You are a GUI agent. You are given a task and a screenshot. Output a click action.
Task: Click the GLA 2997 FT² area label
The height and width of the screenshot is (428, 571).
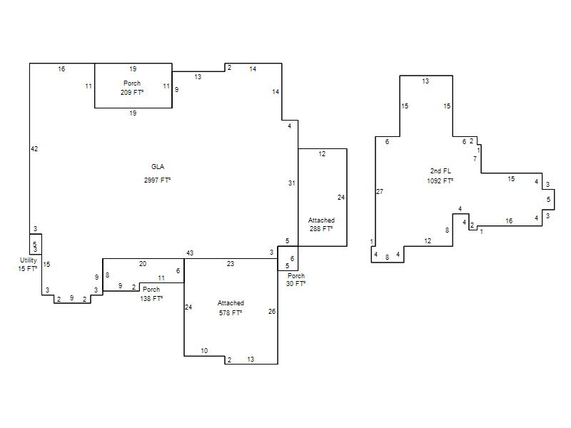tap(157, 173)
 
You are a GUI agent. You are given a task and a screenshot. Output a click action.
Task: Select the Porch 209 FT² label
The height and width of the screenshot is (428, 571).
tap(132, 88)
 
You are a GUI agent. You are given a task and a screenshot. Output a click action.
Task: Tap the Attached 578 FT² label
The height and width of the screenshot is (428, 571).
tap(231, 308)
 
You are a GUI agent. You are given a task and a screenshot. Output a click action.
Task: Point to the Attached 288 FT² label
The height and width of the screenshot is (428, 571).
tap(321, 225)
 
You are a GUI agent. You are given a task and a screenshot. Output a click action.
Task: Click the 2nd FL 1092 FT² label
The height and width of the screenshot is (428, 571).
tap(440, 175)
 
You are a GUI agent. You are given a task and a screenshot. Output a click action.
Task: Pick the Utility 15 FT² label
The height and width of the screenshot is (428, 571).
tap(28, 265)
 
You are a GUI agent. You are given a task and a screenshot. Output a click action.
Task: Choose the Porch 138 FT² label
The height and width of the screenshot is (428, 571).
tap(151, 294)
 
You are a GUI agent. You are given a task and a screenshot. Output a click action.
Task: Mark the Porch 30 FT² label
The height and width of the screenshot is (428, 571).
tap(295, 280)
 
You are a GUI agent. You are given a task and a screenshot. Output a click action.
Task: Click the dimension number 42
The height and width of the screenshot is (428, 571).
tap(34, 149)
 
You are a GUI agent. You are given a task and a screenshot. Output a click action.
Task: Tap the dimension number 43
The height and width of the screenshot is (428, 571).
tap(190, 253)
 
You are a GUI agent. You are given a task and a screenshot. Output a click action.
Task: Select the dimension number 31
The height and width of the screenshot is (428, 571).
tap(292, 183)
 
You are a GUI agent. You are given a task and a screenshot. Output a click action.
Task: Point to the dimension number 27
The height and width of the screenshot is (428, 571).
tap(380, 191)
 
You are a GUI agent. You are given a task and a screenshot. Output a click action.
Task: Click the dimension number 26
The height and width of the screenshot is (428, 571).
tap(272, 312)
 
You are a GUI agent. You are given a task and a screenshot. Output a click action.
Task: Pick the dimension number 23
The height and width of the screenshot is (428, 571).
tap(231, 264)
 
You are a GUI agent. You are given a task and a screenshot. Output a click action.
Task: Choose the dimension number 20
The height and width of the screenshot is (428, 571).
tap(143, 264)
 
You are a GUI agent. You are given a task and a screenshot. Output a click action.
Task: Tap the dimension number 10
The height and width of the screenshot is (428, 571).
tap(204, 351)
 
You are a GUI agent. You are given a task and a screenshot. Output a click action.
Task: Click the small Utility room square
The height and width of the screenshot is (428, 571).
tap(36, 244)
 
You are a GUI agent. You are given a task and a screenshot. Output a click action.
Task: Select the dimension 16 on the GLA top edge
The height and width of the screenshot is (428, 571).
tap(61, 68)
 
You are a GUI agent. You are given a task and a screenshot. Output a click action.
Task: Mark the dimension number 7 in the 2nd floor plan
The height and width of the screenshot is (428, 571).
tap(475, 158)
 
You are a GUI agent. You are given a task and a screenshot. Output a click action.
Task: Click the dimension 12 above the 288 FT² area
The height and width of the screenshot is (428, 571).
tap(322, 154)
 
